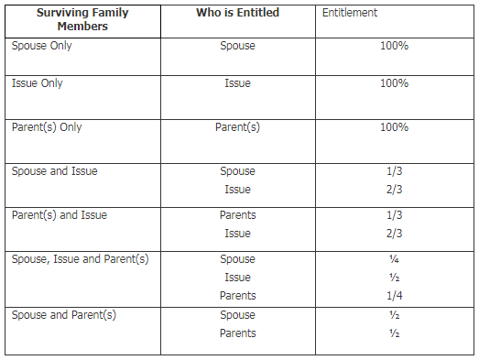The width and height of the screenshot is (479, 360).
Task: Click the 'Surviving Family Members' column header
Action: (x=82, y=19)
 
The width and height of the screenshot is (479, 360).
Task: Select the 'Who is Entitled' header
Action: (x=237, y=13)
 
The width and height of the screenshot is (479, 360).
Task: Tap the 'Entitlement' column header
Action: (x=350, y=13)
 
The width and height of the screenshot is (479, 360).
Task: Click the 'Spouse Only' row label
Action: (x=41, y=46)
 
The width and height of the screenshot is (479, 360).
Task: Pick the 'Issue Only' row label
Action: (x=38, y=83)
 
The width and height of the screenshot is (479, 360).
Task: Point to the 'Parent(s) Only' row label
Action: (x=47, y=127)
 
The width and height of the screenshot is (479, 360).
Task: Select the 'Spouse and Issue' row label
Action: (x=55, y=171)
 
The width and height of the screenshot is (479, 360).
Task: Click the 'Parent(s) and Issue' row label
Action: (x=60, y=215)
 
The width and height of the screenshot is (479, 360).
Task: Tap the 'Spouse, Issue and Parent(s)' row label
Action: (x=80, y=259)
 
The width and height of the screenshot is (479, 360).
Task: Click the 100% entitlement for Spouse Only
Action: (x=394, y=46)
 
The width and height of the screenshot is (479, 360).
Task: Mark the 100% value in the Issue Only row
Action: (x=394, y=83)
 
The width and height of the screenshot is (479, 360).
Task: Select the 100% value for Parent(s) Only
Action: (x=394, y=127)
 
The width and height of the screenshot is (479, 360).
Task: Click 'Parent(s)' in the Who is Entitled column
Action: (x=237, y=127)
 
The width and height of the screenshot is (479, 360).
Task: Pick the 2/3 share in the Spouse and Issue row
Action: (x=394, y=190)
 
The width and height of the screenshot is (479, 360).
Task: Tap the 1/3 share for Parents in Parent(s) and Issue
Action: (x=394, y=215)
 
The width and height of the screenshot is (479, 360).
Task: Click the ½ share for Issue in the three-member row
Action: (x=394, y=278)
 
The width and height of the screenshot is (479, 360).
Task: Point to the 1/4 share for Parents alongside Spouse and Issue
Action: (x=394, y=296)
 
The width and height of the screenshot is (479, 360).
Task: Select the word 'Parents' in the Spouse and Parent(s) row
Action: (x=237, y=333)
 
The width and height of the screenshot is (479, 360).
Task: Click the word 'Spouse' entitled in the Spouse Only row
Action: (x=237, y=46)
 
